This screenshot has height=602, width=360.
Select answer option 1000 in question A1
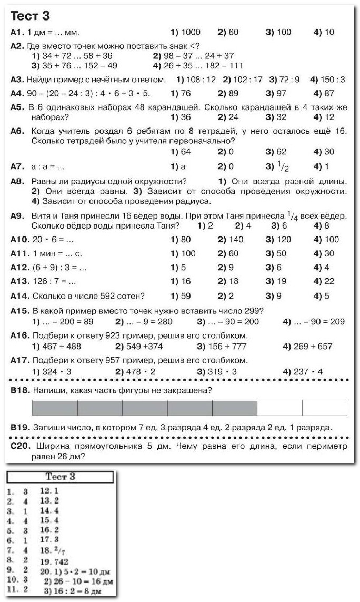click(190, 32)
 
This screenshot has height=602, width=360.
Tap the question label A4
click(17, 94)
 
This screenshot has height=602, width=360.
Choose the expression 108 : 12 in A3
click(202, 80)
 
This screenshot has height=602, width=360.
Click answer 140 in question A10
click(233, 240)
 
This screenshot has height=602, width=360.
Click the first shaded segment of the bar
click(55, 408)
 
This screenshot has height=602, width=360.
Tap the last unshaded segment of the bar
click(325, 408)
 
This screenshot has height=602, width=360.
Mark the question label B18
click(20, 390)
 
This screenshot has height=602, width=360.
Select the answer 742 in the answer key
click(61, 562)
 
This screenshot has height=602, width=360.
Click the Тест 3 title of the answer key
click(61, 477)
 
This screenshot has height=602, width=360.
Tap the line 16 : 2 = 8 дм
click(79, 591)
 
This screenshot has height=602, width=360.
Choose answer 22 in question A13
click(329, 281)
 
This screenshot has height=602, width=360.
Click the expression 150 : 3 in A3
click(332, 80)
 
